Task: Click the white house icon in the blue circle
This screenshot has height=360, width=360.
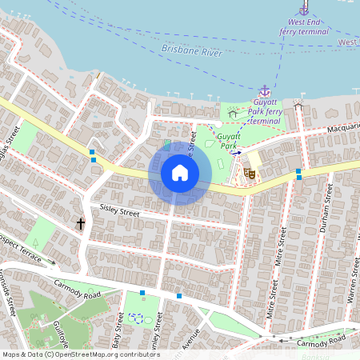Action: pyautogui.click(x=179, y=173)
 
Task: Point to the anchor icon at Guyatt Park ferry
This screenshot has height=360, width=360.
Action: pyautogui.click(x=264, y=91)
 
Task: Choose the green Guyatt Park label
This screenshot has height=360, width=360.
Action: pyautogui.click(x=230, y=141)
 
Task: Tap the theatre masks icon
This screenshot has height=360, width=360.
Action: pyautogui.click(x=250, y=171)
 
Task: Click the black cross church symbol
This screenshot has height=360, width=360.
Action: pyautogui.click(x=80, y=224)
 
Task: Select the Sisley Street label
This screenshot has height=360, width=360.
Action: pyautogui.click(x=119, y=210)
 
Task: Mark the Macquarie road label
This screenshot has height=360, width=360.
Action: pyautogui.click(x=343, y=126)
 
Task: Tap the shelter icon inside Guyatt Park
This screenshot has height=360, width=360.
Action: pyautogui.click(x=232, y=114)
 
